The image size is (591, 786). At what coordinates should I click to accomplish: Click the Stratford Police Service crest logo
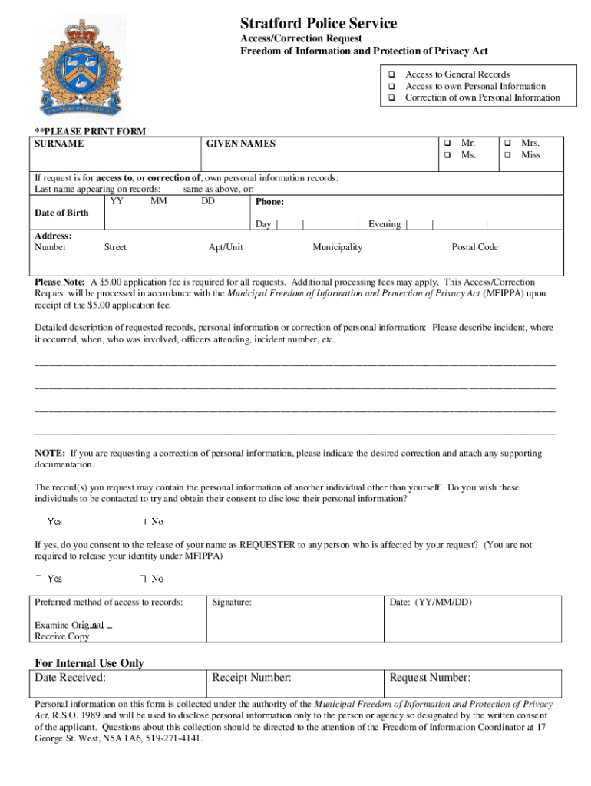click(x=84, y=67)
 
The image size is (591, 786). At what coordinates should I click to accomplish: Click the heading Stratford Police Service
click(x=319, y=24)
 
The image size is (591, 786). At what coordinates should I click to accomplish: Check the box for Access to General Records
click(x=391, y=74)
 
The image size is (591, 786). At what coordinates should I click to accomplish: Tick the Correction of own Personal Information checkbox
click(x=391, y=98)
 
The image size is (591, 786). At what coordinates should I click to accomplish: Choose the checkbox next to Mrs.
click(x=507, y=144)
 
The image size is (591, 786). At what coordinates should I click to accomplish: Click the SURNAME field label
click(x=59, y=144)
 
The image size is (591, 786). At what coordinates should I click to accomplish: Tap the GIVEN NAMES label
click(x=241, y=144)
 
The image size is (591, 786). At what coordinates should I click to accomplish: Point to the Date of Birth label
click(x=61, y=213)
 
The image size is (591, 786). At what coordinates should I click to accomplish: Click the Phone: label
click(x=270, y=202)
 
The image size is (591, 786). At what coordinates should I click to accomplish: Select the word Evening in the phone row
click(x=384, y=224)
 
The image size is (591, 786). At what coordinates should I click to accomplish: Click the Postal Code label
click(x=474, y=247)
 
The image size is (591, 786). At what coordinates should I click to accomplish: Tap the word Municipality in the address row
click(x=337, y=247)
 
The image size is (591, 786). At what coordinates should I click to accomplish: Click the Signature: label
click(x=232, y=603)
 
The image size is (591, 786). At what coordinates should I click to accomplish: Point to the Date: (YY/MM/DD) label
click(x=430, y=603)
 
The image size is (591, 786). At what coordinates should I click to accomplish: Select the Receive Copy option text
click(x=62, y=636)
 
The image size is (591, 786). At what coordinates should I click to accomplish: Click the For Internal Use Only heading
click(x=89, y=663)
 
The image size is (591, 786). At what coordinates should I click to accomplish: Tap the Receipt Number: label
click(x=251, y=678)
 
